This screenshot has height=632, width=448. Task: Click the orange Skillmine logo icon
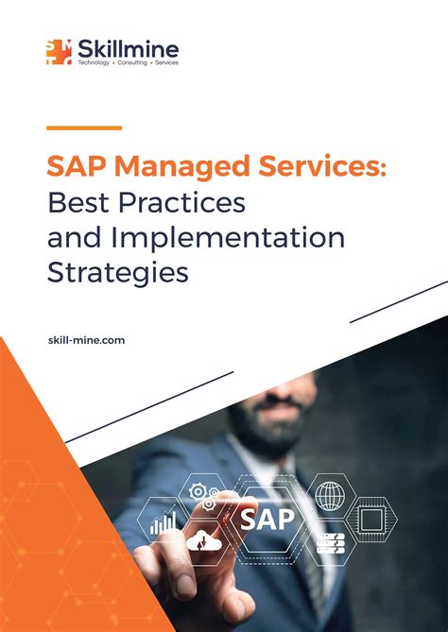(59, 51)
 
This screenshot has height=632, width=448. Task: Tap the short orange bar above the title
(84, 127)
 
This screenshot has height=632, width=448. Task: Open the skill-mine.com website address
(85, 338)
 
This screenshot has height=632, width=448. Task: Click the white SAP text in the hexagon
(267, 518)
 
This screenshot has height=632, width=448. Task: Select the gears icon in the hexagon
(203, 495)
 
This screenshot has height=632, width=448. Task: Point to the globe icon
(330, 495)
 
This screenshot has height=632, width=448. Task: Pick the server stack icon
(330, 543)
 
